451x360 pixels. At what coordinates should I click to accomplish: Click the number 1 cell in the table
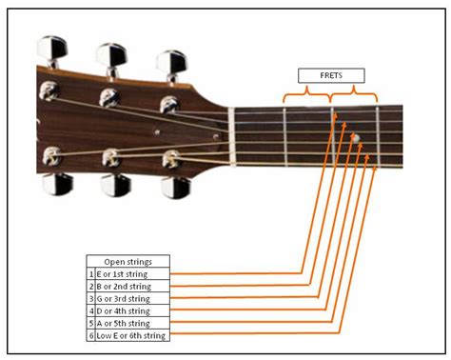[x=90, y=273]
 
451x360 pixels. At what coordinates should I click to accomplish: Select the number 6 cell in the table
[x=90, y=335]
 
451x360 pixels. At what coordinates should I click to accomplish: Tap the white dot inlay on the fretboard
[x=356, y=139]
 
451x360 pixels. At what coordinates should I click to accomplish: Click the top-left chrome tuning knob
[x=52, y=49]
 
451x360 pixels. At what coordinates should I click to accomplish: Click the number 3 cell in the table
[x=90, y=298]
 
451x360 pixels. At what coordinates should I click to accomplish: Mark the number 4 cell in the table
[x=90, y=310]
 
